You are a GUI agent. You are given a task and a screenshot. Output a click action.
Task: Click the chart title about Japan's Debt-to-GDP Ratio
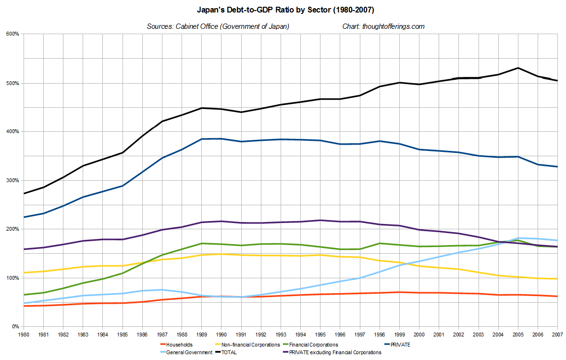coord(283,9)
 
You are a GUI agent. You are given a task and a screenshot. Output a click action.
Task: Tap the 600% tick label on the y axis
coord(12,34)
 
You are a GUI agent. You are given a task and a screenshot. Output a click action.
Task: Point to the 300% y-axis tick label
coord(12,180)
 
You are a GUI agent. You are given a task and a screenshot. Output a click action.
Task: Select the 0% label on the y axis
coord(15,327)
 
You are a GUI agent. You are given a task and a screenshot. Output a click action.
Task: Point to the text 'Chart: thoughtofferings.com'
coord(383,26)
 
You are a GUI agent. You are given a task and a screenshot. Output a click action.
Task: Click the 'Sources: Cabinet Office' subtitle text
coord(218,26)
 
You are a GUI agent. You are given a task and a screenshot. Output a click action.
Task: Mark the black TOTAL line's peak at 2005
coord(518,68)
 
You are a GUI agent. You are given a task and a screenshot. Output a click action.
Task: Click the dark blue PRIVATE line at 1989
coord(201,139)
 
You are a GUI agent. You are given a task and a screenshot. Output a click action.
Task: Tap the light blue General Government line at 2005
coord(518,238)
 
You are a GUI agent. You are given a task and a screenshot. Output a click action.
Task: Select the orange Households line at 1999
coord(399,292)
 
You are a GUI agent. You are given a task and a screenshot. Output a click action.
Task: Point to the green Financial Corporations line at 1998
coord(379,243)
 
